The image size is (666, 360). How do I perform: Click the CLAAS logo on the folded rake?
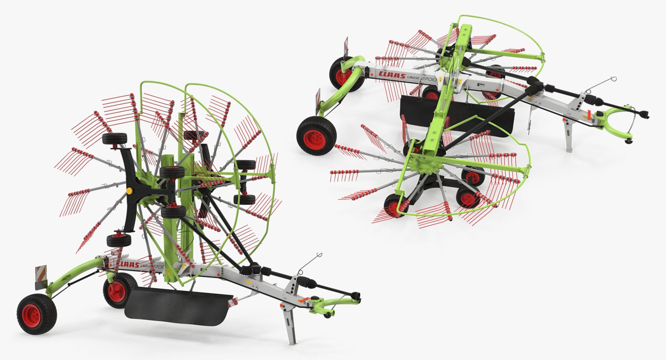[x=129, y=265]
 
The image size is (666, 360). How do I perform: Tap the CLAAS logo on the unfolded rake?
[x=392, y=74]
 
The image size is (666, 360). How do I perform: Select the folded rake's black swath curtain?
[x=177, y=305]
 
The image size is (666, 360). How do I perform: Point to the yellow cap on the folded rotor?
[x=129, y=190]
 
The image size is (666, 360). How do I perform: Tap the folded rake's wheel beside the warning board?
[x=36, y=314]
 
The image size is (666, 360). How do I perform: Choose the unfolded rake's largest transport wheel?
[x=316, y=135]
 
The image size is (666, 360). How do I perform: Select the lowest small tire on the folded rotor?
[x=119, y=240]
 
